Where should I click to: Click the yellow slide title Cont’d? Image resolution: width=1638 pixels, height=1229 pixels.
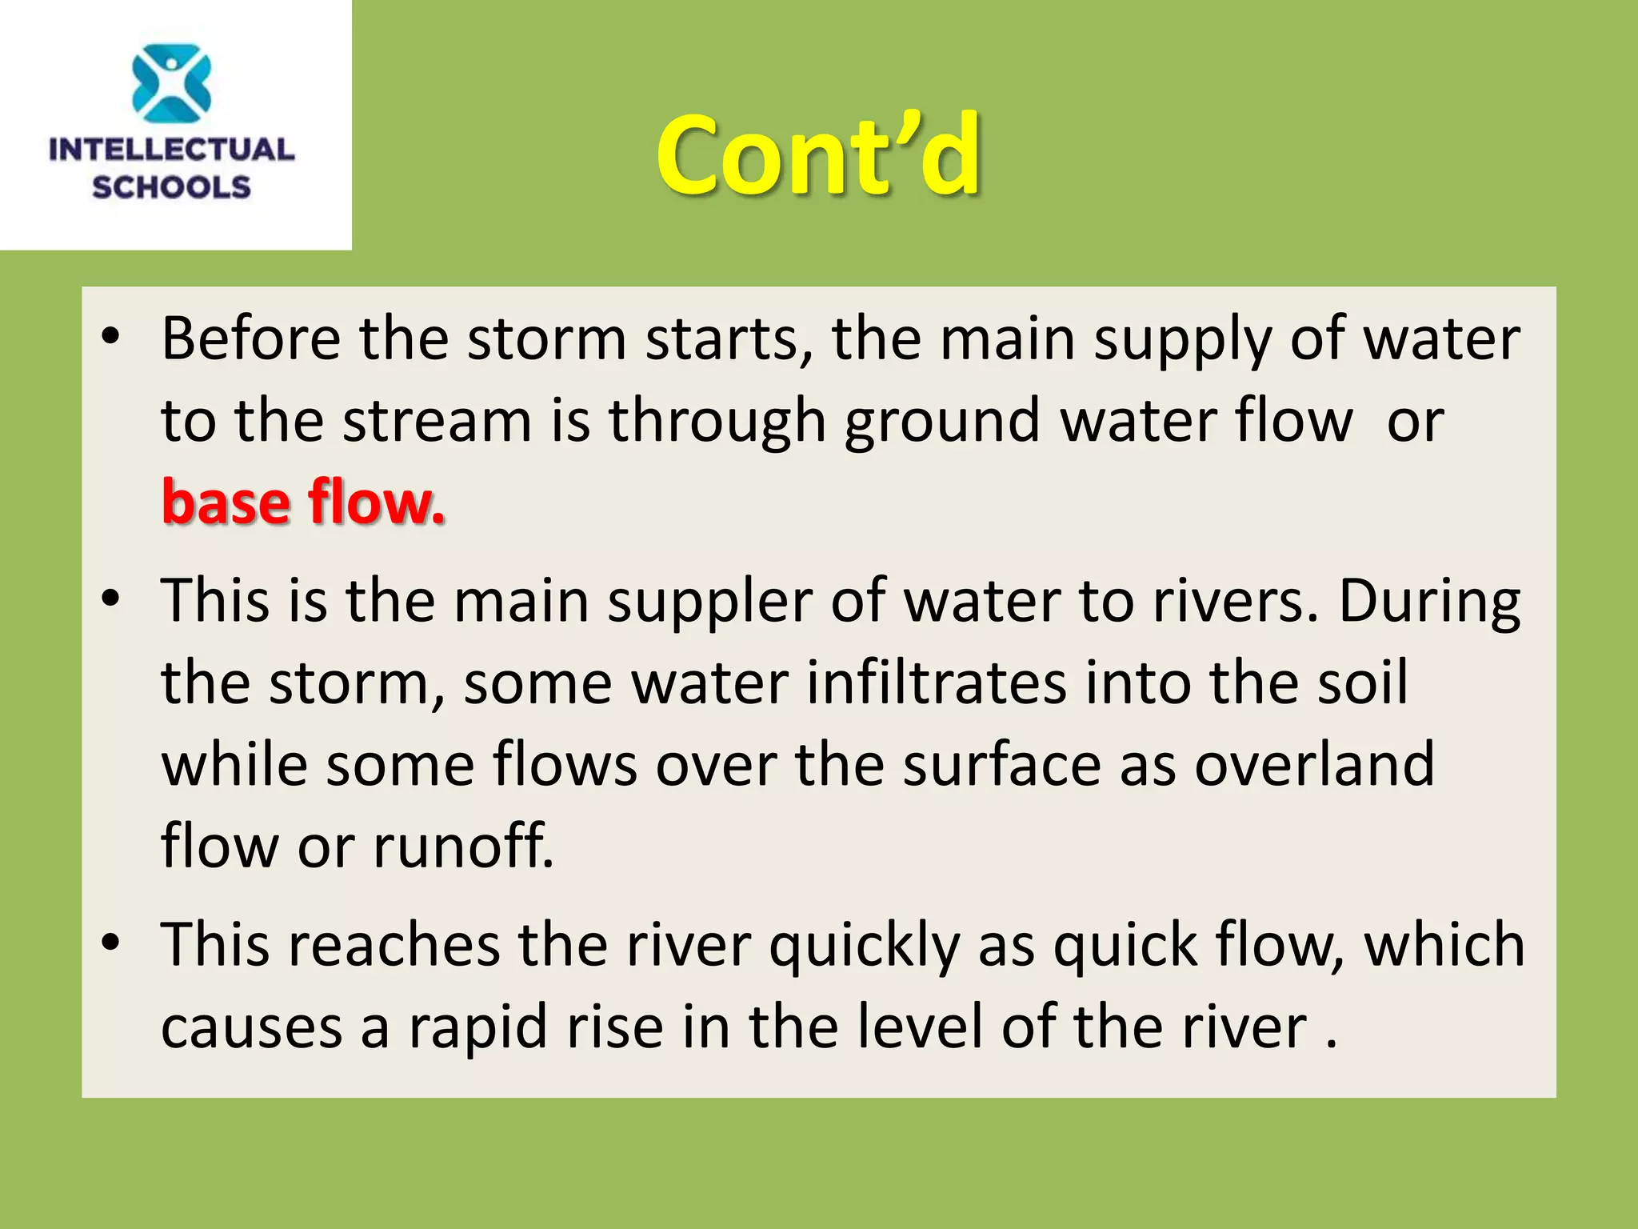pos(817,156)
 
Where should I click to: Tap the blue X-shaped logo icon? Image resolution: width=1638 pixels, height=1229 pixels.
pos(172,83)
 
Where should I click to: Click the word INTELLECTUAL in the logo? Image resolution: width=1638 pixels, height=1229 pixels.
pos(172,150)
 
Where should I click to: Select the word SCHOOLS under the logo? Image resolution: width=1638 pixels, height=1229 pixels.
pos(172,187)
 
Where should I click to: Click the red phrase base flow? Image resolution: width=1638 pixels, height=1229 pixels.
pos(303,502)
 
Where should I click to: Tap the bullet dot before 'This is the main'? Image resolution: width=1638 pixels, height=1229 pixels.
pos(111,598)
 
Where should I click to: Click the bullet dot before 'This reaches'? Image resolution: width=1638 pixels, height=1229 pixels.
pos(111,942)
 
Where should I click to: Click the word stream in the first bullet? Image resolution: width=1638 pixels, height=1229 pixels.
pos(437,421)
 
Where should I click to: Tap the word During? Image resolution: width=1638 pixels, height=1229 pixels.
pos(1429,602)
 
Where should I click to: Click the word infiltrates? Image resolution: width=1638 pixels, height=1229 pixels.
pos(937,683)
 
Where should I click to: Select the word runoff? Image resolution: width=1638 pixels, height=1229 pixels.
pos(463,847)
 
